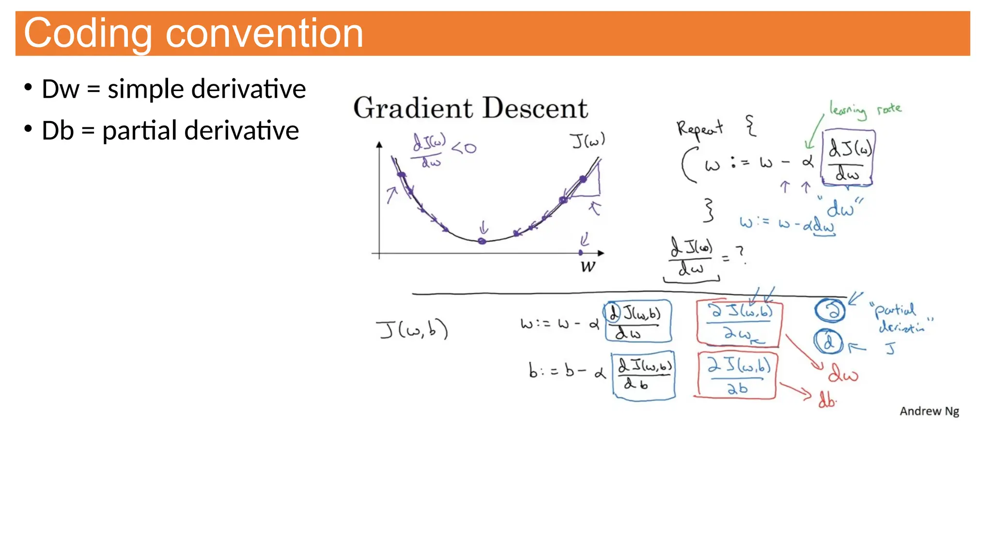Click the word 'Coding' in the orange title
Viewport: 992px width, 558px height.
87,34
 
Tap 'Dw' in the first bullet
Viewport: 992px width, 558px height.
60,90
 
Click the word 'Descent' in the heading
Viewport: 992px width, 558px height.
536,108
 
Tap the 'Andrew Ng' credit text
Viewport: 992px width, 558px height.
929,411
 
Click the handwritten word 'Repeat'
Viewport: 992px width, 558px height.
699,129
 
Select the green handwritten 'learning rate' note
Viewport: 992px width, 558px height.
865,110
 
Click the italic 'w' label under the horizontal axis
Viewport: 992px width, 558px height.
588,266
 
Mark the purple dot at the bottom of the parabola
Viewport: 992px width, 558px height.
482,241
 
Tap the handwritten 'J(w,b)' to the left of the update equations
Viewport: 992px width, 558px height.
412,330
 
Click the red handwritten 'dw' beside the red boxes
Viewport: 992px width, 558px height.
843,374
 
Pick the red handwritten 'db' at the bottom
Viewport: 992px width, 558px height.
827,400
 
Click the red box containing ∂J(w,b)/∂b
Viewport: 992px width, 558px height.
737,375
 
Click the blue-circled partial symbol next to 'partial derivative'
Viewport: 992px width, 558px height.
830,310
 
